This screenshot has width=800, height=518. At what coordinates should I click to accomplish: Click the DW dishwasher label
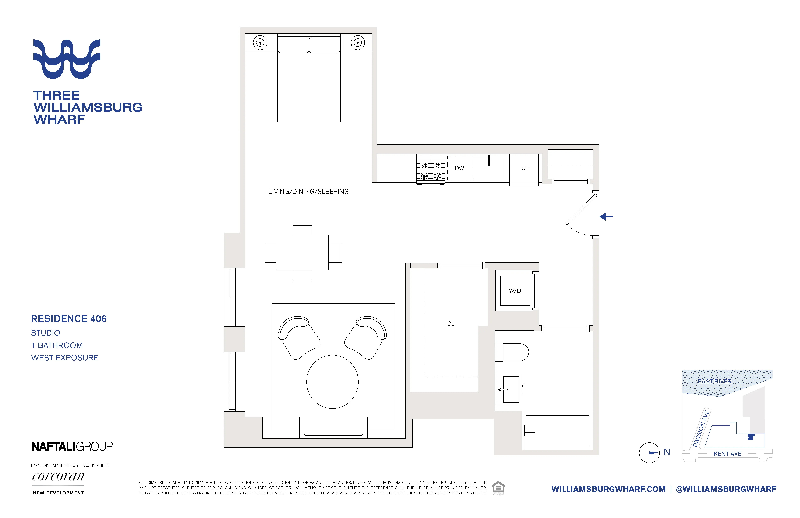coord(459,168)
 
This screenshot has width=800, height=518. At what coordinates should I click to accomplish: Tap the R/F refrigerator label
coord(524,168)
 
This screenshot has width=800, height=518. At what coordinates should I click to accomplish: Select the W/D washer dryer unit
coord(515,291)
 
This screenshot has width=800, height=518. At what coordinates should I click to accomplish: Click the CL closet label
coord(450,324)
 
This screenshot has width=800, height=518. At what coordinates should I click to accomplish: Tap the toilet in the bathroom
coord(512,352)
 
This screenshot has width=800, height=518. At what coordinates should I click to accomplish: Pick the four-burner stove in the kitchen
coord(431,170)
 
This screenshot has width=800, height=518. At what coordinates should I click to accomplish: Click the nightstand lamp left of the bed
coord(260,43)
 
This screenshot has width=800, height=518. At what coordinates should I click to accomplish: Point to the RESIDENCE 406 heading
coord(69,318)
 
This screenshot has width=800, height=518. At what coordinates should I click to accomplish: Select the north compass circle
coord(649,453)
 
